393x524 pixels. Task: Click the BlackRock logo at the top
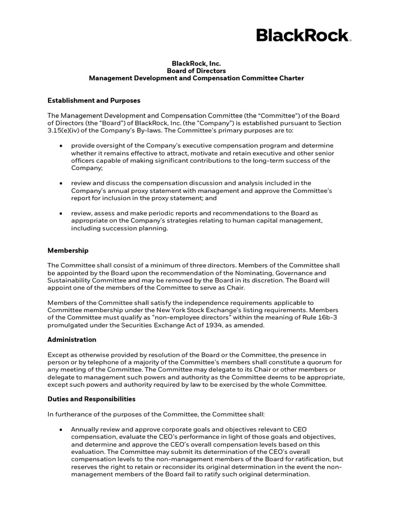pos(303,36)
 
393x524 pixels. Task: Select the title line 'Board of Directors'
pos(196,71)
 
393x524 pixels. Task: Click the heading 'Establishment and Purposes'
pos(94,101)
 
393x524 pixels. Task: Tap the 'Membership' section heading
pos(68,251)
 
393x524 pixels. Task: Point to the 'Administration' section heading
pos(72,340)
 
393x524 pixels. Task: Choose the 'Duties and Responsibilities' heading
pos(92,399)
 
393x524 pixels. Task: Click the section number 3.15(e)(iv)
pos(67,131)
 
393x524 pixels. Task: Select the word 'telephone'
pos(100,362)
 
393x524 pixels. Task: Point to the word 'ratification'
pos(313,460)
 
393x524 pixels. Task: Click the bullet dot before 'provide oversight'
pos(61,145)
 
